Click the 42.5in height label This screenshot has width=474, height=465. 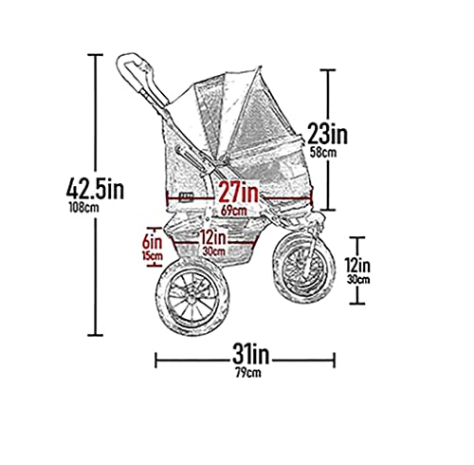pos(95,189)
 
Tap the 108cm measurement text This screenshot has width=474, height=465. pos(83,207)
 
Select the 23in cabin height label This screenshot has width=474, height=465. pos(327,134)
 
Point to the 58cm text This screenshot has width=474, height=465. pos(323,153)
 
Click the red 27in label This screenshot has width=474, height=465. pos(239,192)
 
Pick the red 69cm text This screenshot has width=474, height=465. pos(234,211)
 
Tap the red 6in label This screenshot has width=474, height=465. pos(152,243)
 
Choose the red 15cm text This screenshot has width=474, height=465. pos(153,255)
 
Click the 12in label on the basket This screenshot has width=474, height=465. pos(213,238)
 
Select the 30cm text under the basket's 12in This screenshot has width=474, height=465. pos(214,251)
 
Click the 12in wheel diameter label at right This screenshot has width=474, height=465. pos(357,266)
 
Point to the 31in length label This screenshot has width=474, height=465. pos(250,355)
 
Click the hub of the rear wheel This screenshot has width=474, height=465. pos(191,299)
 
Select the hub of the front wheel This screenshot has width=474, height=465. pos(304,266)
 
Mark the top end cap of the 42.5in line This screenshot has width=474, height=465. pos(95,55)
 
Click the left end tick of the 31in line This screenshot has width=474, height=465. pos(155,361)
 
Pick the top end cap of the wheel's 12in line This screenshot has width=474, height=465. pos(357,237)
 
